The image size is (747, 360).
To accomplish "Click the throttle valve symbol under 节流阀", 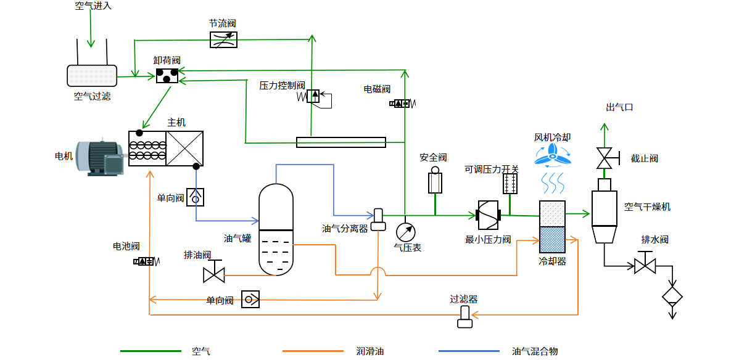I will (x=223, y=40).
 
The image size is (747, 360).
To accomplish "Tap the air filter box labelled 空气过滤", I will (x=92, y=76).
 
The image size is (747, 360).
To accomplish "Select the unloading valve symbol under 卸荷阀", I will (x=167, y=76).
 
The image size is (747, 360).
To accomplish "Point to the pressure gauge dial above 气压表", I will (x=405, y=232).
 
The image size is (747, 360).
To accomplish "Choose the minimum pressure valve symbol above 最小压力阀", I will (x=488, y=215).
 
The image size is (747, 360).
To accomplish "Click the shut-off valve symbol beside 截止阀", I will (x=604, y=158).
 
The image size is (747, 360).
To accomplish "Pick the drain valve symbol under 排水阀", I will (x=645, y=266).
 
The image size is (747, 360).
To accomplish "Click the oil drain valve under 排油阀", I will (x=214, y=272).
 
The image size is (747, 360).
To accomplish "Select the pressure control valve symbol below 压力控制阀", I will (x=313, y=97).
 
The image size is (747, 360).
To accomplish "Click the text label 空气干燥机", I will (x=647, y=207).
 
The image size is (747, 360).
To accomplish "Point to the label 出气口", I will (x=619, y=107).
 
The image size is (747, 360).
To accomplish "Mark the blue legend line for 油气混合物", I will (x=469, y=351).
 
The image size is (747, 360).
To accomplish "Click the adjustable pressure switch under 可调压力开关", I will (x=510, y=184).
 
